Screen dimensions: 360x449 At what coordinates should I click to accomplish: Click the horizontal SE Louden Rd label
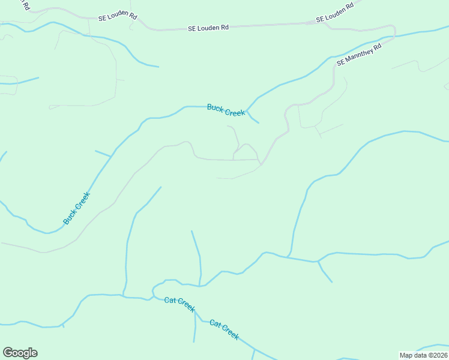point(208,28)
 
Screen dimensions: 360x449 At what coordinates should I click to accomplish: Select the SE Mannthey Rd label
point(359,54)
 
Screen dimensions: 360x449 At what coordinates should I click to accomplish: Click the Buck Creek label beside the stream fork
point(226,110)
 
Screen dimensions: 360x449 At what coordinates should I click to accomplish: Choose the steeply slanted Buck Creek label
point(76,209)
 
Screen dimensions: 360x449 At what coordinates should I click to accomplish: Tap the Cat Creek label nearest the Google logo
point(180,304)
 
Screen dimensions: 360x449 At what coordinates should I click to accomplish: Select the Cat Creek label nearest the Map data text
point(224,329)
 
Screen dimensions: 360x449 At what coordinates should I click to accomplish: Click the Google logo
point(20,353)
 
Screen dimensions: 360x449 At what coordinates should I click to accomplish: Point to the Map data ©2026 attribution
point(424,355)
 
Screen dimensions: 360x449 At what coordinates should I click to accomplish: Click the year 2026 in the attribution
point(439,355)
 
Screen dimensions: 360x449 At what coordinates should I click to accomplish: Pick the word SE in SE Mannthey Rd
point(342,62)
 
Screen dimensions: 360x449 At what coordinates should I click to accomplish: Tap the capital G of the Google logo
point(8,353)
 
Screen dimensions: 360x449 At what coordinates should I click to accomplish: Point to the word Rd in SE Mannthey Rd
point(378,46)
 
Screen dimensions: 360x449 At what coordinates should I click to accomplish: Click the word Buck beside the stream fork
point(215,107)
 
